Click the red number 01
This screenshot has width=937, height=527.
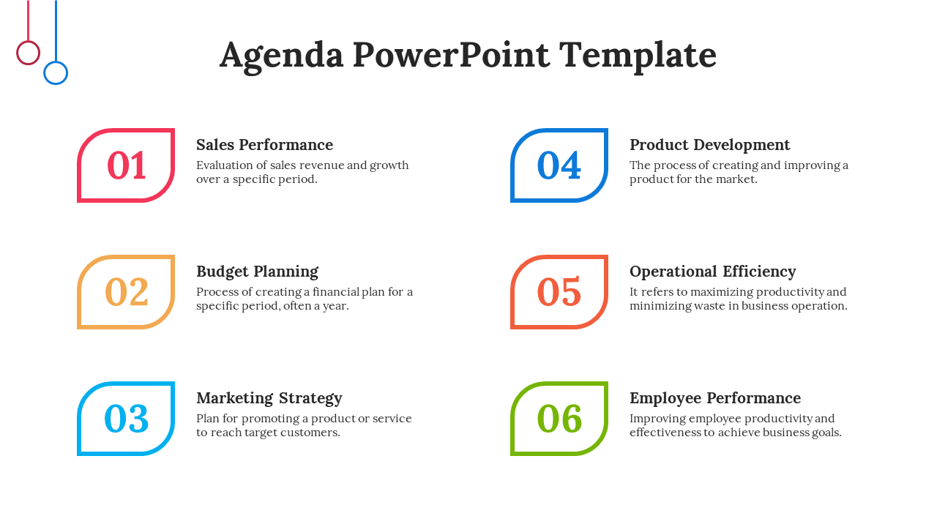(x=127, y=165)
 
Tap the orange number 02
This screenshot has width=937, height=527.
(x=127, y=291)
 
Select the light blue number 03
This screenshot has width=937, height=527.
(x=127, y=418)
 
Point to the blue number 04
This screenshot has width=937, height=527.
(x=559, y=165)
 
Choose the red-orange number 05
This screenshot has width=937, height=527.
(x=559, y=291)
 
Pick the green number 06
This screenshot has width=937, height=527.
(x=559, y=418)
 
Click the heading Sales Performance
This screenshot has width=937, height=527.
(x=265, y=145)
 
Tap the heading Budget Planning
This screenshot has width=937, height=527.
(x=257, y=272)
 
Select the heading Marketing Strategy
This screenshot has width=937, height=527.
(x=269, y=399)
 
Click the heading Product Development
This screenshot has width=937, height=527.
(x=710, y=145)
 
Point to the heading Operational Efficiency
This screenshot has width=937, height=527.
(x=713, y=272)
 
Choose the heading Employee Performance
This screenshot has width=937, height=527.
(x=715, y=399)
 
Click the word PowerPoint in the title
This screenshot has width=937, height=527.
(x=452, y=55)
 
